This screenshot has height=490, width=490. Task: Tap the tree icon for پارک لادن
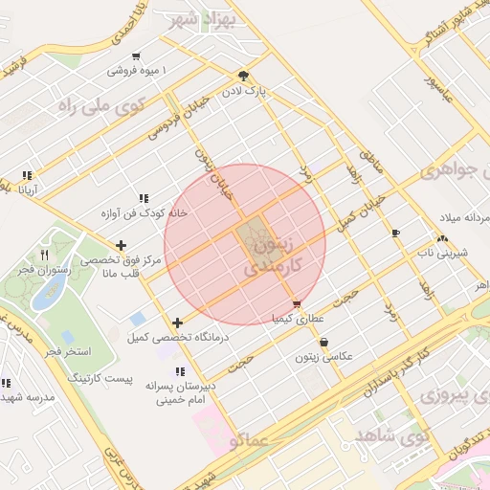click(244, 77)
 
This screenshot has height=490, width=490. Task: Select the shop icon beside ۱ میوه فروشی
click(137, 56)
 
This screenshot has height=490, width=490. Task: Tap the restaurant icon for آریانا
click(25, 175)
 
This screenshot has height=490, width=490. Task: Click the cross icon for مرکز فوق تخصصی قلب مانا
click(121, 245)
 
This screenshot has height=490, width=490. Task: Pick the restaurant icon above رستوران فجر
click(44, 255)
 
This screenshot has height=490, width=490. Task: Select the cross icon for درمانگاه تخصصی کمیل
click(177, 323)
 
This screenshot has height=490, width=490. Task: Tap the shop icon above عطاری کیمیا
click(295, 304)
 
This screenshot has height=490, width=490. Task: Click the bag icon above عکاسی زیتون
click(323, 342)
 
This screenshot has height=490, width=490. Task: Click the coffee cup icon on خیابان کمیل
click(395, 233)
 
